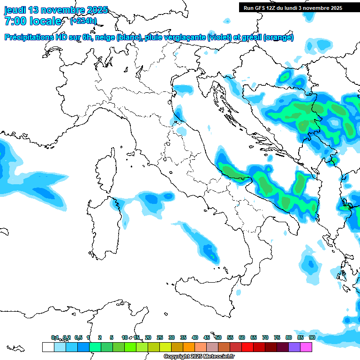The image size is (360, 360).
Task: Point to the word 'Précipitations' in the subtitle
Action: click(28, 37)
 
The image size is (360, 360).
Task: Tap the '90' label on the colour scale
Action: click(312, 337)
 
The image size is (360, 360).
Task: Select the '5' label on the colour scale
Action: click(112, 337)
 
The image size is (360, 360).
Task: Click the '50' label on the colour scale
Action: click(218, 337)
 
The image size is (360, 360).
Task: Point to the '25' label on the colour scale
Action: click(160, 337)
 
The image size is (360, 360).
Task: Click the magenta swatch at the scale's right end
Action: click(306, 347)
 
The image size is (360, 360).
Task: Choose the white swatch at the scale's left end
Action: click(48, 347)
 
